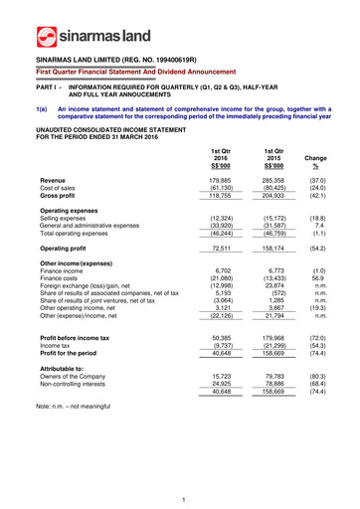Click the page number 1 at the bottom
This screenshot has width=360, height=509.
(180, 497)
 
